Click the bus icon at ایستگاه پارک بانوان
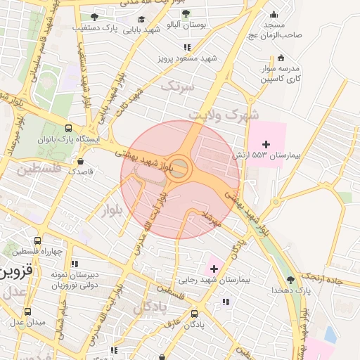click(68, 129)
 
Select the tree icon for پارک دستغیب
click(94, 17)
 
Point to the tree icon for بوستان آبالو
click(186, 13)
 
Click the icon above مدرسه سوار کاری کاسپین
click(281, 58)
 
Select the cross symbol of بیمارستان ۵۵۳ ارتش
click(265, 144)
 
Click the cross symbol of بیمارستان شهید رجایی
click(214, 269)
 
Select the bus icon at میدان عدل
click(27, 311)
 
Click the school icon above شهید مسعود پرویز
click(186, 47)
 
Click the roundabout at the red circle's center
click(180, 168)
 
